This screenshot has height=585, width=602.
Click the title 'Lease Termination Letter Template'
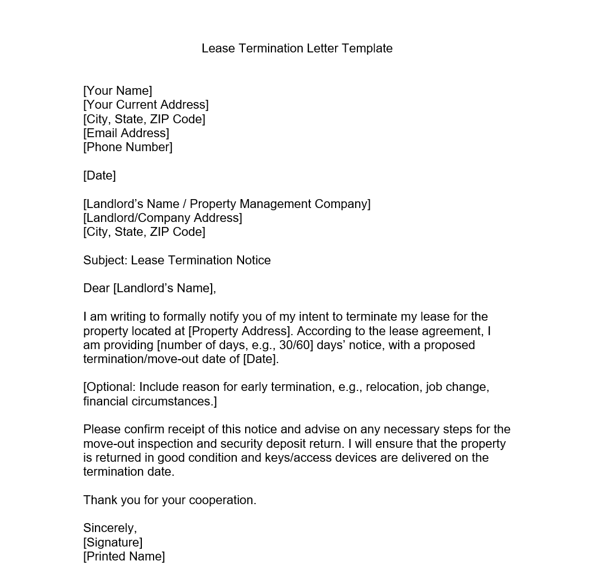coord(297,49)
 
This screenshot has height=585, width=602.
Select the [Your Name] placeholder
coord(117,91)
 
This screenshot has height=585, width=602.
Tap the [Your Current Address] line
coord(146,105)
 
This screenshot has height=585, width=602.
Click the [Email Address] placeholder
coord(126,133)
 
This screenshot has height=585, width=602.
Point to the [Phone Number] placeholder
coord(128,147)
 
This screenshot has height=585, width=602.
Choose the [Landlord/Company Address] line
coord(163,218)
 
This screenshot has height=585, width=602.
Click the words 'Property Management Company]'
coord(280,204)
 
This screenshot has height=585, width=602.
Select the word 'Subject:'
coord(106,260)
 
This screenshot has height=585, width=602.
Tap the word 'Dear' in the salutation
coord(97,288)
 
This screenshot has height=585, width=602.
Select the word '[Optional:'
coord(109,388)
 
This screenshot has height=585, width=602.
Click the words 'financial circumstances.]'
coord(150,402)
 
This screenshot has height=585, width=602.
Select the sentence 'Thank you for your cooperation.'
coord(170,500)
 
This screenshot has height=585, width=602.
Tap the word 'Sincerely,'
coord(110,528)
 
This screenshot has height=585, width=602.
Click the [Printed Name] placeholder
coord(124,557)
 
